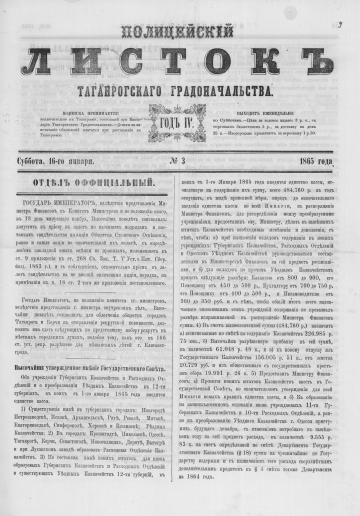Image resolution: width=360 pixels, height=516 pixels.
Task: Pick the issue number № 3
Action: coord(180,136)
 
